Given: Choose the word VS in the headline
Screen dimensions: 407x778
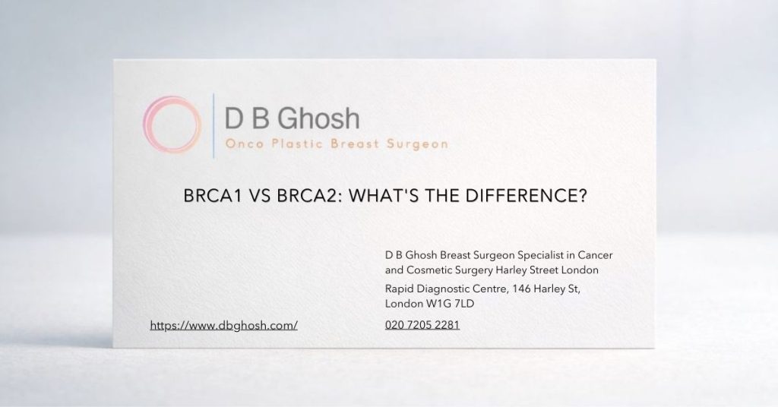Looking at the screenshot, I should point(255,195).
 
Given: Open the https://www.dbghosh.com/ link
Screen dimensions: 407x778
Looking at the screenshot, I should point(223,325).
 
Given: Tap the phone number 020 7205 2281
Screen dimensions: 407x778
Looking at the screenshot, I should point(422,325).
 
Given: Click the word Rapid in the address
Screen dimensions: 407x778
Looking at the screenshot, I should point(400,289).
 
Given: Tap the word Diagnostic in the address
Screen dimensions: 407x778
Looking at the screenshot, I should point(446,289).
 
